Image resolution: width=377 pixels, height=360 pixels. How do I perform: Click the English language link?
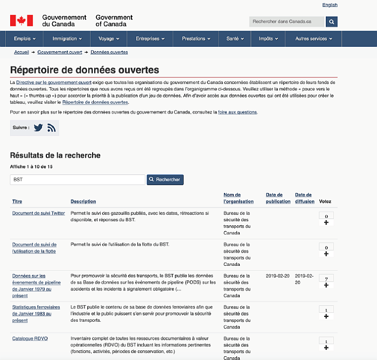tap(330, 5)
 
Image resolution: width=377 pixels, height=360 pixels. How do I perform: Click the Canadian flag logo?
tap(22, 20)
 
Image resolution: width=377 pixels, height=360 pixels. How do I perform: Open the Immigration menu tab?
tap(67, 39)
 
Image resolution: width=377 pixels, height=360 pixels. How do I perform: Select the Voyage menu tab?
tap(109, 39)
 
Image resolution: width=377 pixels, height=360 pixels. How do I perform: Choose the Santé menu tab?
tap(235, 39)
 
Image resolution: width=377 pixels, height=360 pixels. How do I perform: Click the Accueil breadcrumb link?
tap(22, 52)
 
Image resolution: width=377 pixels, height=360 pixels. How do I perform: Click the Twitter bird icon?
tap(38, 128)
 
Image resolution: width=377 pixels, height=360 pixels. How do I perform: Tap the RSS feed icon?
tap(52, 128)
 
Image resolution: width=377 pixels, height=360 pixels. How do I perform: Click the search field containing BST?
tap(78, 179)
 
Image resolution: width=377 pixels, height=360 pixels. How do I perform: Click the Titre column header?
tap(17, 202)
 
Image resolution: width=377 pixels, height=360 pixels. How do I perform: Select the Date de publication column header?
tap(278, 198)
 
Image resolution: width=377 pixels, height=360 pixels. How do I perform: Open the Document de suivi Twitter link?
tap(39, 213)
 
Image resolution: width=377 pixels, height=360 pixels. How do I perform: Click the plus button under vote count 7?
tap(326, 285)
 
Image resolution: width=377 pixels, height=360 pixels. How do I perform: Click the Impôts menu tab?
tap(268, 39)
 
